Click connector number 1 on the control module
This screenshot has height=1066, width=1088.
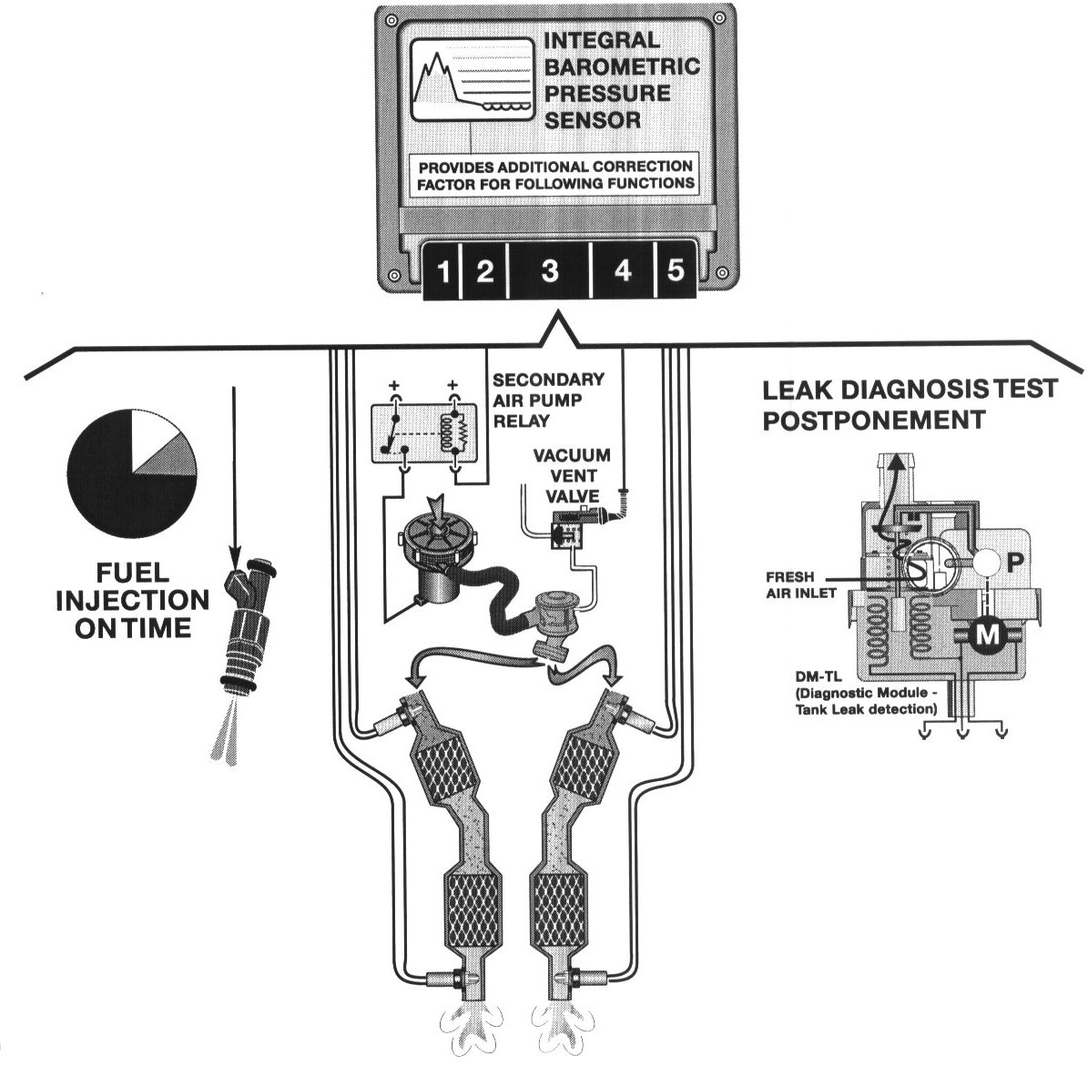[x=442, y=272]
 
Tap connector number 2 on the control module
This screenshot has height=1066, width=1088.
[x=484, y=272]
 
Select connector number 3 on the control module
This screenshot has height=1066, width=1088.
[x=549, y=272]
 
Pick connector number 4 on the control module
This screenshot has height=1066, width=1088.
[x=623, y=272]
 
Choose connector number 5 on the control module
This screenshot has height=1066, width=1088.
[x=676, y=272]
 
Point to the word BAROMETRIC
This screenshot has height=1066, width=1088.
[x=622, y=66]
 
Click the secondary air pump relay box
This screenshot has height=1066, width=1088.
[x=422, y=431]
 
